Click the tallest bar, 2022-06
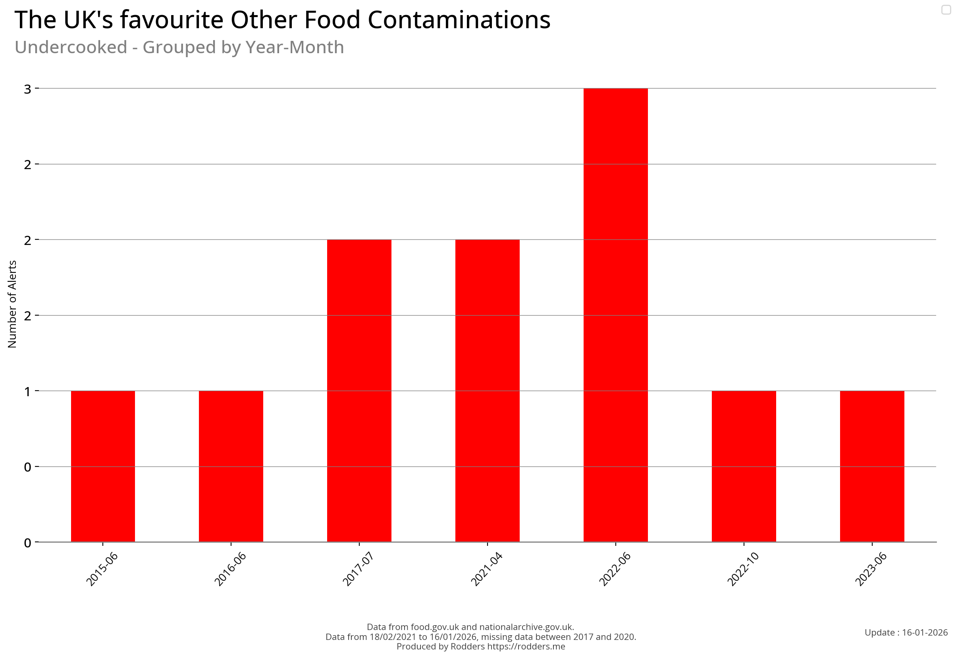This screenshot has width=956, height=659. [x=615, y=315]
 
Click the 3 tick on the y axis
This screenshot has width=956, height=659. [x=28, y=89]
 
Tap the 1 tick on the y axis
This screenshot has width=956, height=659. [x=28, y=391]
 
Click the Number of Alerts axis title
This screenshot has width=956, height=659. [x=12, y=304]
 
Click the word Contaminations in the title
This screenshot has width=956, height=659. [x=459, y=20]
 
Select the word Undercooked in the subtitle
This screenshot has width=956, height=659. [x=71, y=47]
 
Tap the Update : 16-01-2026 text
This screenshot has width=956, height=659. [x=906, y=632]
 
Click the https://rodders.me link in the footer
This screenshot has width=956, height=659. [x=526, y=647]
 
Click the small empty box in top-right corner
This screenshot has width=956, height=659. [x=946, y=10]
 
